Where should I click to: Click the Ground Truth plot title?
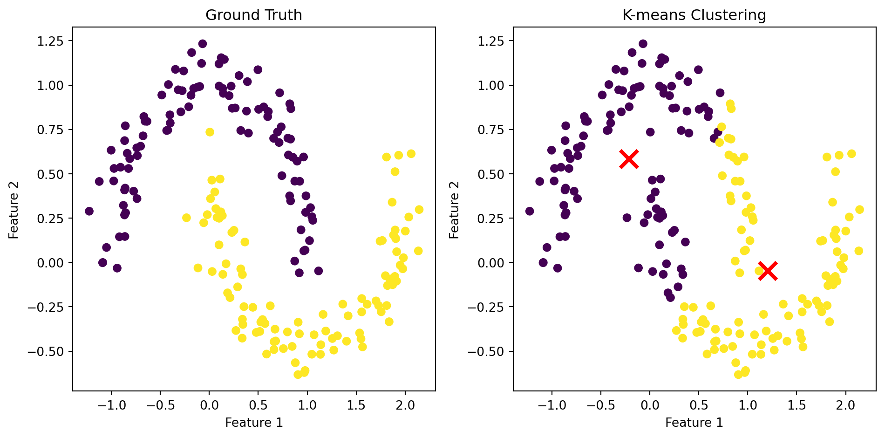click(253, 15)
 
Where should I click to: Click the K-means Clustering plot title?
click(694, 15)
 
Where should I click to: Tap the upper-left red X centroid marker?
click(629, 159)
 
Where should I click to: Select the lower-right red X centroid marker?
click(768, 271)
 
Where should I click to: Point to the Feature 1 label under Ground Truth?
click(254, 423)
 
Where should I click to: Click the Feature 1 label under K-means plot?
click(694, 423)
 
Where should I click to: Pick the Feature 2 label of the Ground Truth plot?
click(14, 209)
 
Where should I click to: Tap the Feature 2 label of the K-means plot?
click(455, 209)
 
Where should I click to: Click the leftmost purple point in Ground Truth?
click(89, 211)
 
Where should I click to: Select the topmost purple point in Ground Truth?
click(203, 44)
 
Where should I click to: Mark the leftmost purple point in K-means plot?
click(530, 211)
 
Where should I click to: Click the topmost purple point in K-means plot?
click(643, 44)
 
